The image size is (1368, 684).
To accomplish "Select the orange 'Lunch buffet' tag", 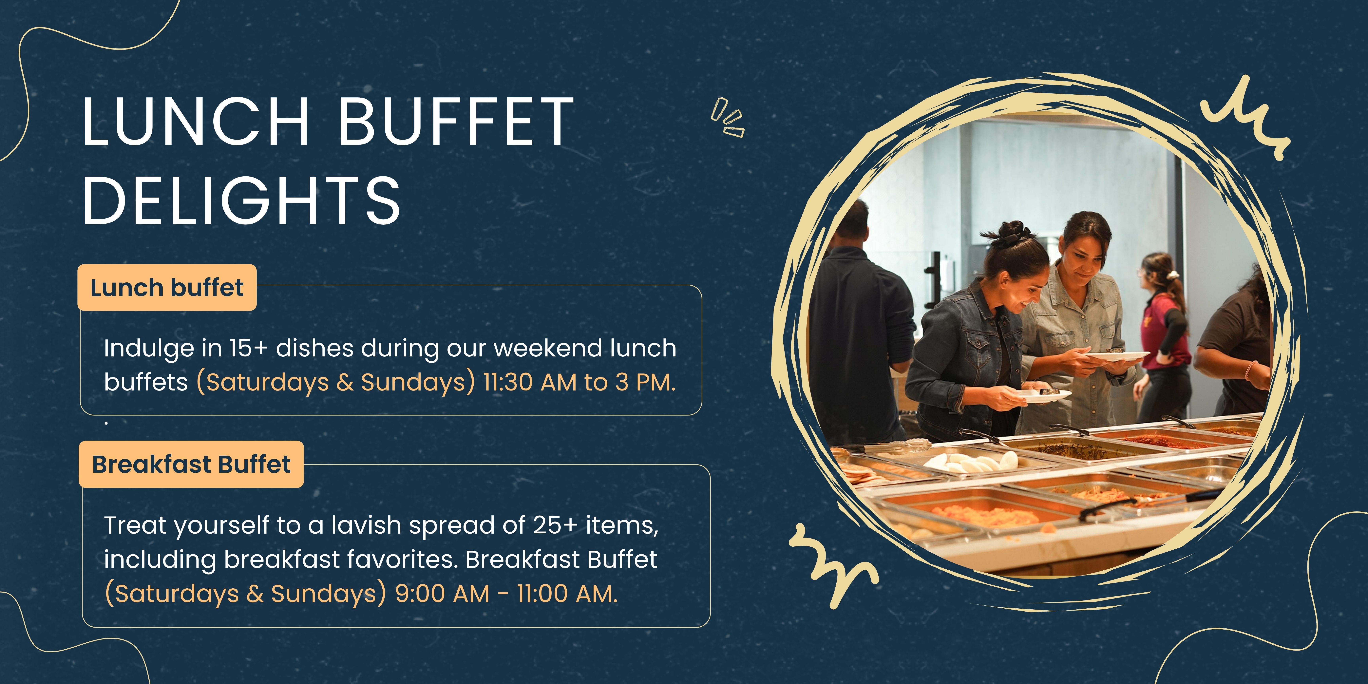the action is tap(167, 287).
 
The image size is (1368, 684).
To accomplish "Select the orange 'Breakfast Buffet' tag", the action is tap(191, 464).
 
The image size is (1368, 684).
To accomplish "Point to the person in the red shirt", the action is tap(1163, 334).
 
